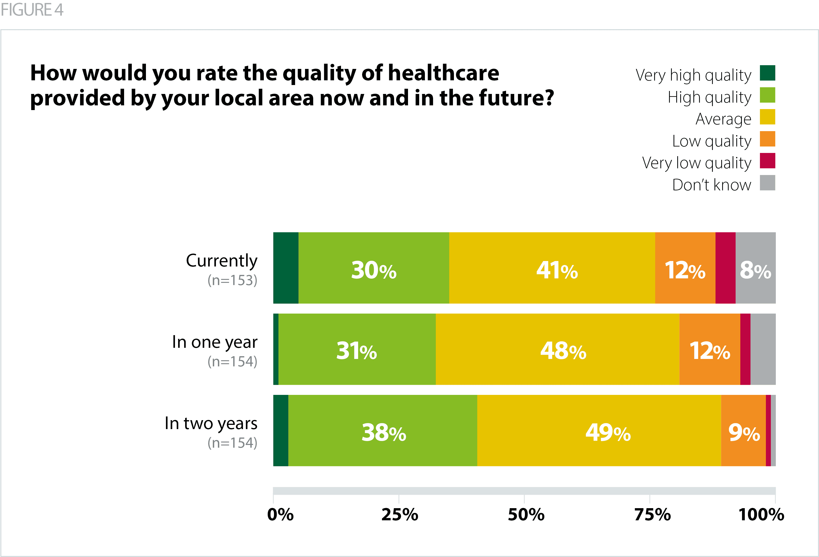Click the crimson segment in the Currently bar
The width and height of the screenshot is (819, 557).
(725, 267)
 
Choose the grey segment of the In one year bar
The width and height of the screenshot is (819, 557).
(763, 349)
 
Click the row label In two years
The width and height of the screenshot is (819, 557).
(211, 423)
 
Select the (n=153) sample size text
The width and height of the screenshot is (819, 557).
(232, 280)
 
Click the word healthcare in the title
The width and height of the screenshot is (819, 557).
(443, 73)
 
